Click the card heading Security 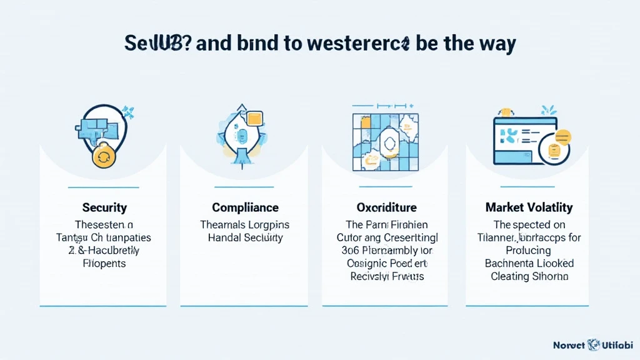pos(104,207)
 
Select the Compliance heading pos(245,207)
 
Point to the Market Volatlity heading pos(529,207)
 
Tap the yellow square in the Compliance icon pos(255,119)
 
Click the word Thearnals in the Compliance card pos(223,225)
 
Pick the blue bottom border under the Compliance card pos(244,306)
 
